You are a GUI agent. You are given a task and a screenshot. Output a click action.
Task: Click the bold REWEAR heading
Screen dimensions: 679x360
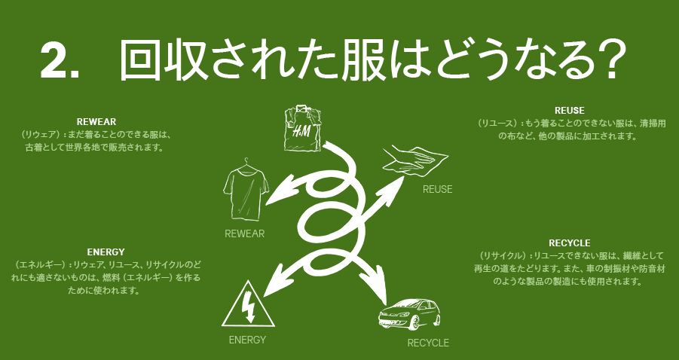[95, 121]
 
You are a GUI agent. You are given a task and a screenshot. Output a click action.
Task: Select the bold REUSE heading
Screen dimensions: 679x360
[568, 110]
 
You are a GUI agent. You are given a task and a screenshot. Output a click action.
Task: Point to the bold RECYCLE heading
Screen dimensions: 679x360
[569, 243]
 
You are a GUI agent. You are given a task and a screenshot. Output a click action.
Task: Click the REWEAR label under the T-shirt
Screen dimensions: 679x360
[244, 233]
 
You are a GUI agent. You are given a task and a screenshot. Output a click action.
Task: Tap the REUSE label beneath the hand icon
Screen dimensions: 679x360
[437, 189]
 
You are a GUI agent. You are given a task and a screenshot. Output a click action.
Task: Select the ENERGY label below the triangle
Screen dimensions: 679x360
[247, 340]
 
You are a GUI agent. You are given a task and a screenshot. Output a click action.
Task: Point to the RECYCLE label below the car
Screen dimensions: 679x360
[428, 343]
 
